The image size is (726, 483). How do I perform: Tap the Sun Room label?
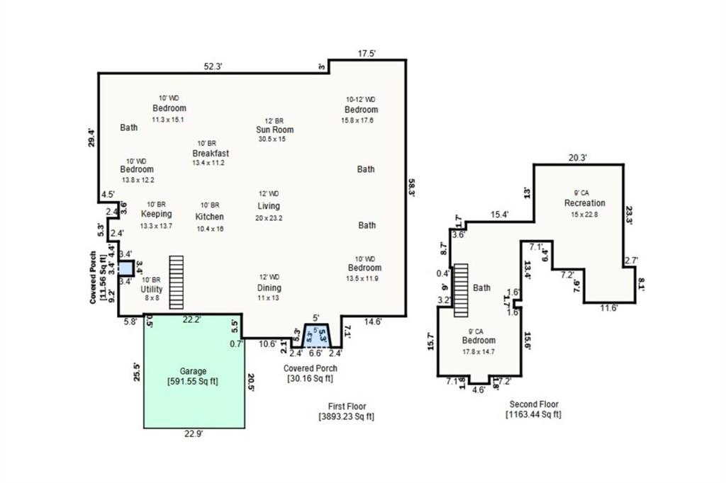click(x=275, y=130)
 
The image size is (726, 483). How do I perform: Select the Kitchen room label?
click(x=209, y=217)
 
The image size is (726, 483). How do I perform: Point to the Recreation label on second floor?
click(x=584, y=203)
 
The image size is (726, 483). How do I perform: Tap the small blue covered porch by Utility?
click(x=125, y=268)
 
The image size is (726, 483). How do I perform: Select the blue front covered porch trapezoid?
click(x=317, y=334)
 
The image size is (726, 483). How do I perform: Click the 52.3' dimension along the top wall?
click(x=213, y=67)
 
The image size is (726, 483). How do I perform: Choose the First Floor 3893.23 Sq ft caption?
click(x=347, y=411)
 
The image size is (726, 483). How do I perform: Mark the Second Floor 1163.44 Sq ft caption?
click(x=533, y=409)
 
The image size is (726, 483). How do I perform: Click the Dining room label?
click(x=269, y=288)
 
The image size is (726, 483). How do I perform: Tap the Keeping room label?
click(x=156, y=214)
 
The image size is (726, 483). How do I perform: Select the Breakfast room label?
click(x=211, y=153)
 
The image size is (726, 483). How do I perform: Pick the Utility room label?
click(x=152, y=290)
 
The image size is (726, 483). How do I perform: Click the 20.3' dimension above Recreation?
click(x=578, y=159)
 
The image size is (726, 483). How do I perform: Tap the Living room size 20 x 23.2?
click(x=269, y=218)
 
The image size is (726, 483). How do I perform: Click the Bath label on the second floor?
click(x=481, y=288)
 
